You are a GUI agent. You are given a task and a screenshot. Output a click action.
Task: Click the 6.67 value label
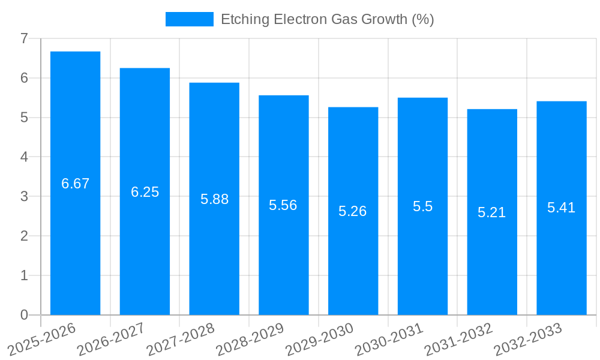(76, 184)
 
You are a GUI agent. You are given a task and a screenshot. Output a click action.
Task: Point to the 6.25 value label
(145, 192)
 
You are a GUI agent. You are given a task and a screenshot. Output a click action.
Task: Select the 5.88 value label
(214, 199)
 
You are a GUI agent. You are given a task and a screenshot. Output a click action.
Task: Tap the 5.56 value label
(283, 205)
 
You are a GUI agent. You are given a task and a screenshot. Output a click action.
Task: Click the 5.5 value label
(422, 206)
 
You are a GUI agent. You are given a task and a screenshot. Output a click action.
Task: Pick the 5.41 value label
(561, 208)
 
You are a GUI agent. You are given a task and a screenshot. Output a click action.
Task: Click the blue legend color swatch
(189, 19)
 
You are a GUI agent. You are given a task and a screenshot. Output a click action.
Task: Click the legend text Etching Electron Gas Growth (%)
(327, 19)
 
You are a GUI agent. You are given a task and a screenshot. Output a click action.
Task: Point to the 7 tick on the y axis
(24, 38)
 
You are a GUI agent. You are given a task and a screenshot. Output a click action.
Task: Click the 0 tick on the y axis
(24, 315)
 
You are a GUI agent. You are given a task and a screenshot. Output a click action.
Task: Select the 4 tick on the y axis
(24, 157)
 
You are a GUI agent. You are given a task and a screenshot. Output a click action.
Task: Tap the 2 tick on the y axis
(24, 236)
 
